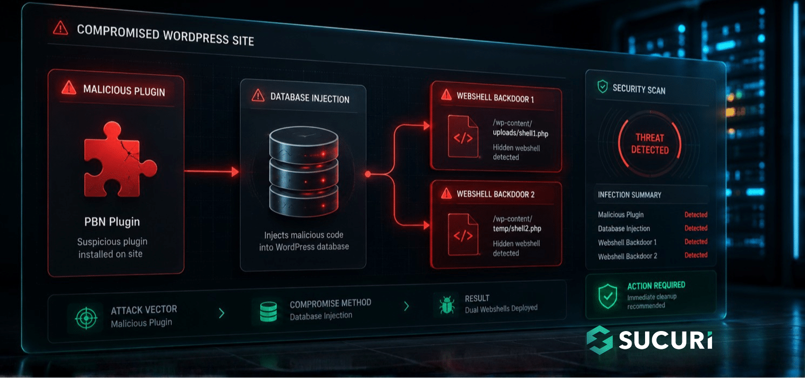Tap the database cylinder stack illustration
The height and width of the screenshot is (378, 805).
pos(304,172)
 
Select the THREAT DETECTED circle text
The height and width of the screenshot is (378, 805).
pos(650,144)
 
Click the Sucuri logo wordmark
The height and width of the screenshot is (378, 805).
pos(666,340)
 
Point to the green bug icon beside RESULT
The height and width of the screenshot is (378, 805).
pos(447,305)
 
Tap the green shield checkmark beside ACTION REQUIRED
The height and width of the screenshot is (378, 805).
pos(608,296)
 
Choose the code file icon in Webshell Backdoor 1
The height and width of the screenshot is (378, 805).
pos(463,137)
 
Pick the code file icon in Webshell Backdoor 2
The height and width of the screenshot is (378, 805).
pos(463,234)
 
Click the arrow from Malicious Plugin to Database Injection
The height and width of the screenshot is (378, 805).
pos(212,172)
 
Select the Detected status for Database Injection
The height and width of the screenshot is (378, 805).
pos(696,228)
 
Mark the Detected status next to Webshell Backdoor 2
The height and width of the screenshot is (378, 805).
pos(696,255)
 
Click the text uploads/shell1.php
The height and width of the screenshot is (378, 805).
pos(520,133)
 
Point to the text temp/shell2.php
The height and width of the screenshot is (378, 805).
pos(517,228)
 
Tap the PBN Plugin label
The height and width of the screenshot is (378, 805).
pos(112,222)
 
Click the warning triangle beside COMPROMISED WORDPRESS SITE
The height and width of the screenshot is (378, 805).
pos(61,28)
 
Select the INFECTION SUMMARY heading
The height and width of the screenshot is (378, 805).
pos(629,195)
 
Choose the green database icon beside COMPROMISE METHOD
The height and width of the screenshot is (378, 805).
pos(269,311)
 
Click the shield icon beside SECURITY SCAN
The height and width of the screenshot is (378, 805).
pos(603,86)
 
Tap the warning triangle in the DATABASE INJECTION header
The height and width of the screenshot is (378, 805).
pos(258,96)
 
